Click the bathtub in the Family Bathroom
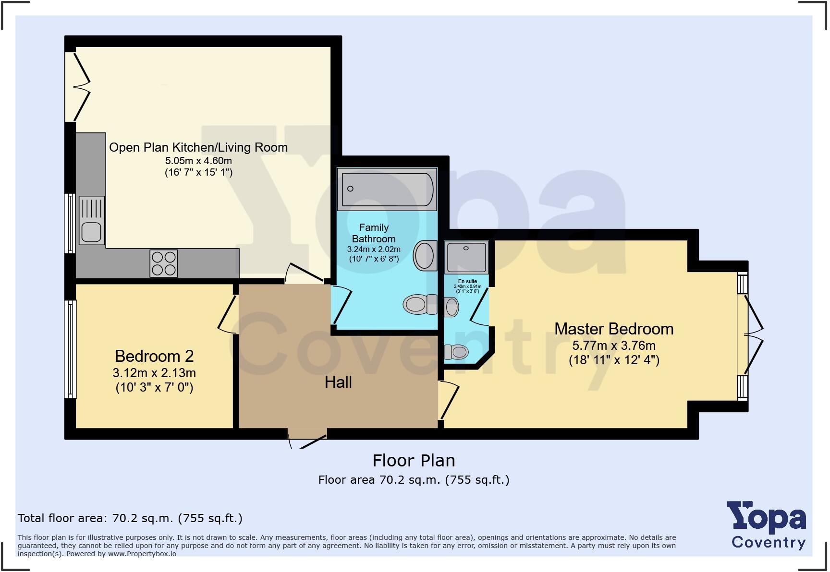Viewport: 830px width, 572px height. click(387, 189)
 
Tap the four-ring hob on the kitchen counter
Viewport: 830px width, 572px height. click(163, 263)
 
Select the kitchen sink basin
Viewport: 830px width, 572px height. click(91, 232)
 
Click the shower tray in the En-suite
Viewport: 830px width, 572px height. click(466, 257)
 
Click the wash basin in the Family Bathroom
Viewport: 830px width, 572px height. click(425, 255)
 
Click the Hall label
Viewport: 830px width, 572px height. click(338, 382)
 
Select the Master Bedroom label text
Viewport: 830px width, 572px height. click(614, 329)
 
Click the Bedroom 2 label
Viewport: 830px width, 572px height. click(154, 357)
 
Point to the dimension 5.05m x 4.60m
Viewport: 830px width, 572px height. click(198, 161)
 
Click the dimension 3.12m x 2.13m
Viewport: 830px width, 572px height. click(154, 373)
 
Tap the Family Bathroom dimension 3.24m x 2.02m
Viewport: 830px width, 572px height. click(374, 250)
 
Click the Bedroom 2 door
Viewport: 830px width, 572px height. click(227, 314)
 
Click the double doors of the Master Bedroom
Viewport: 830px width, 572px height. click(753, 334)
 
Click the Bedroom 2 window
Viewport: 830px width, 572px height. click(70, 349)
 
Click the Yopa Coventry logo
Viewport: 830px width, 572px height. click(767, 525)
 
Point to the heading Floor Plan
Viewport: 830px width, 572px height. click(414, 461)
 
